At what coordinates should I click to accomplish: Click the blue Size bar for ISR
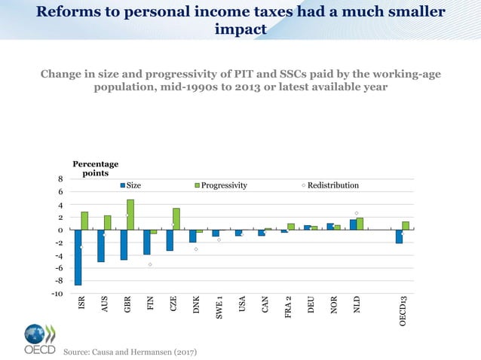click(x=78, y=257)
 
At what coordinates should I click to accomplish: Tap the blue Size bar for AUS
click(x=101, y=246)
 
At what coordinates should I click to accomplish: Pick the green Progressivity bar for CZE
click(x=176, y=218)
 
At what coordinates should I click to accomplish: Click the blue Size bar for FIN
click(x=147, y=242)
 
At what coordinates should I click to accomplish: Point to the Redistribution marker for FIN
click(x=150, y=264)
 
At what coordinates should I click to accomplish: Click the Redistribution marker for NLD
click(x=357, y=213)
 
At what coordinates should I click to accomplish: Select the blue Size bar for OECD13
click(x=399, y=236)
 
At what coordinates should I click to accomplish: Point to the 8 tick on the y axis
click(x=60, y=179)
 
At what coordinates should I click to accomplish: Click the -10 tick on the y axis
click(x=57, y=294)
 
